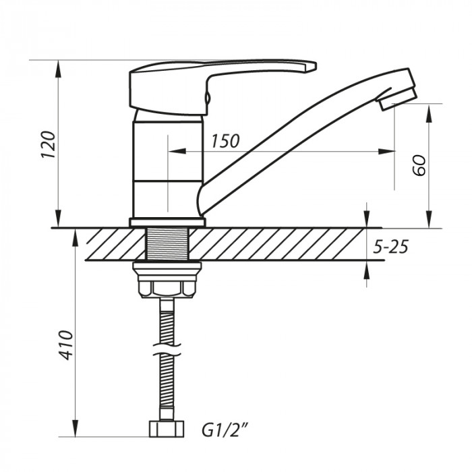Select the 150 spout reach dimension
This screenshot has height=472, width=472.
coord(225,141)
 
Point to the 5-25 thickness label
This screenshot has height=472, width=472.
coord(391,247)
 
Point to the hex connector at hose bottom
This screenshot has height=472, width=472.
coord(166,430)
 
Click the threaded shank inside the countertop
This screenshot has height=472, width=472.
coord(167,244)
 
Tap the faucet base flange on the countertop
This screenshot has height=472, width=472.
coord(167,223)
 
